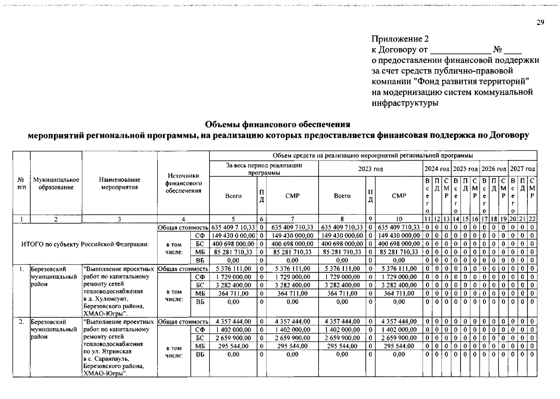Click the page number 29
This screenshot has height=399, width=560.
540,22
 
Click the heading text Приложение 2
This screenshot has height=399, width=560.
400,39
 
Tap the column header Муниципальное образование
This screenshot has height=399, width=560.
56,183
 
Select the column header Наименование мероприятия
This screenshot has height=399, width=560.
119,183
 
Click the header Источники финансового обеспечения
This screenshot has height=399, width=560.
183,183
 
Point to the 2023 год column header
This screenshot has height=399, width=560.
370,169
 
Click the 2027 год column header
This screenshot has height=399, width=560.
523,169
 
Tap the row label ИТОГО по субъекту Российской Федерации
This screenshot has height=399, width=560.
85,244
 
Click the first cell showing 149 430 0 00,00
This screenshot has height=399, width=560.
233,235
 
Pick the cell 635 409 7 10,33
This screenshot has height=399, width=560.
233,227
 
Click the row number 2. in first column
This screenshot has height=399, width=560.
21,322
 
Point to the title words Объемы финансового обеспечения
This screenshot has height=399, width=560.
277,124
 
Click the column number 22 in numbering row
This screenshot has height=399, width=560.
532,219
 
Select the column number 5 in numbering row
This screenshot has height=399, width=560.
233,219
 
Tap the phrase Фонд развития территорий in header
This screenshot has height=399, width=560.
473,81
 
